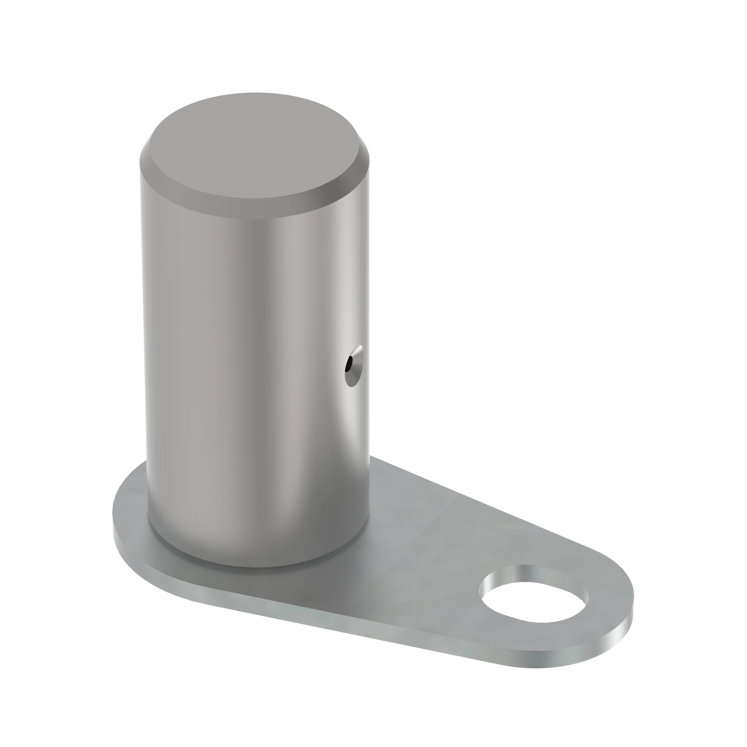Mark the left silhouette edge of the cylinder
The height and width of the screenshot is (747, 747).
[x=143, y=348]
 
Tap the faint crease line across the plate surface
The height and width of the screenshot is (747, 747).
[x=433, y=530]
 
